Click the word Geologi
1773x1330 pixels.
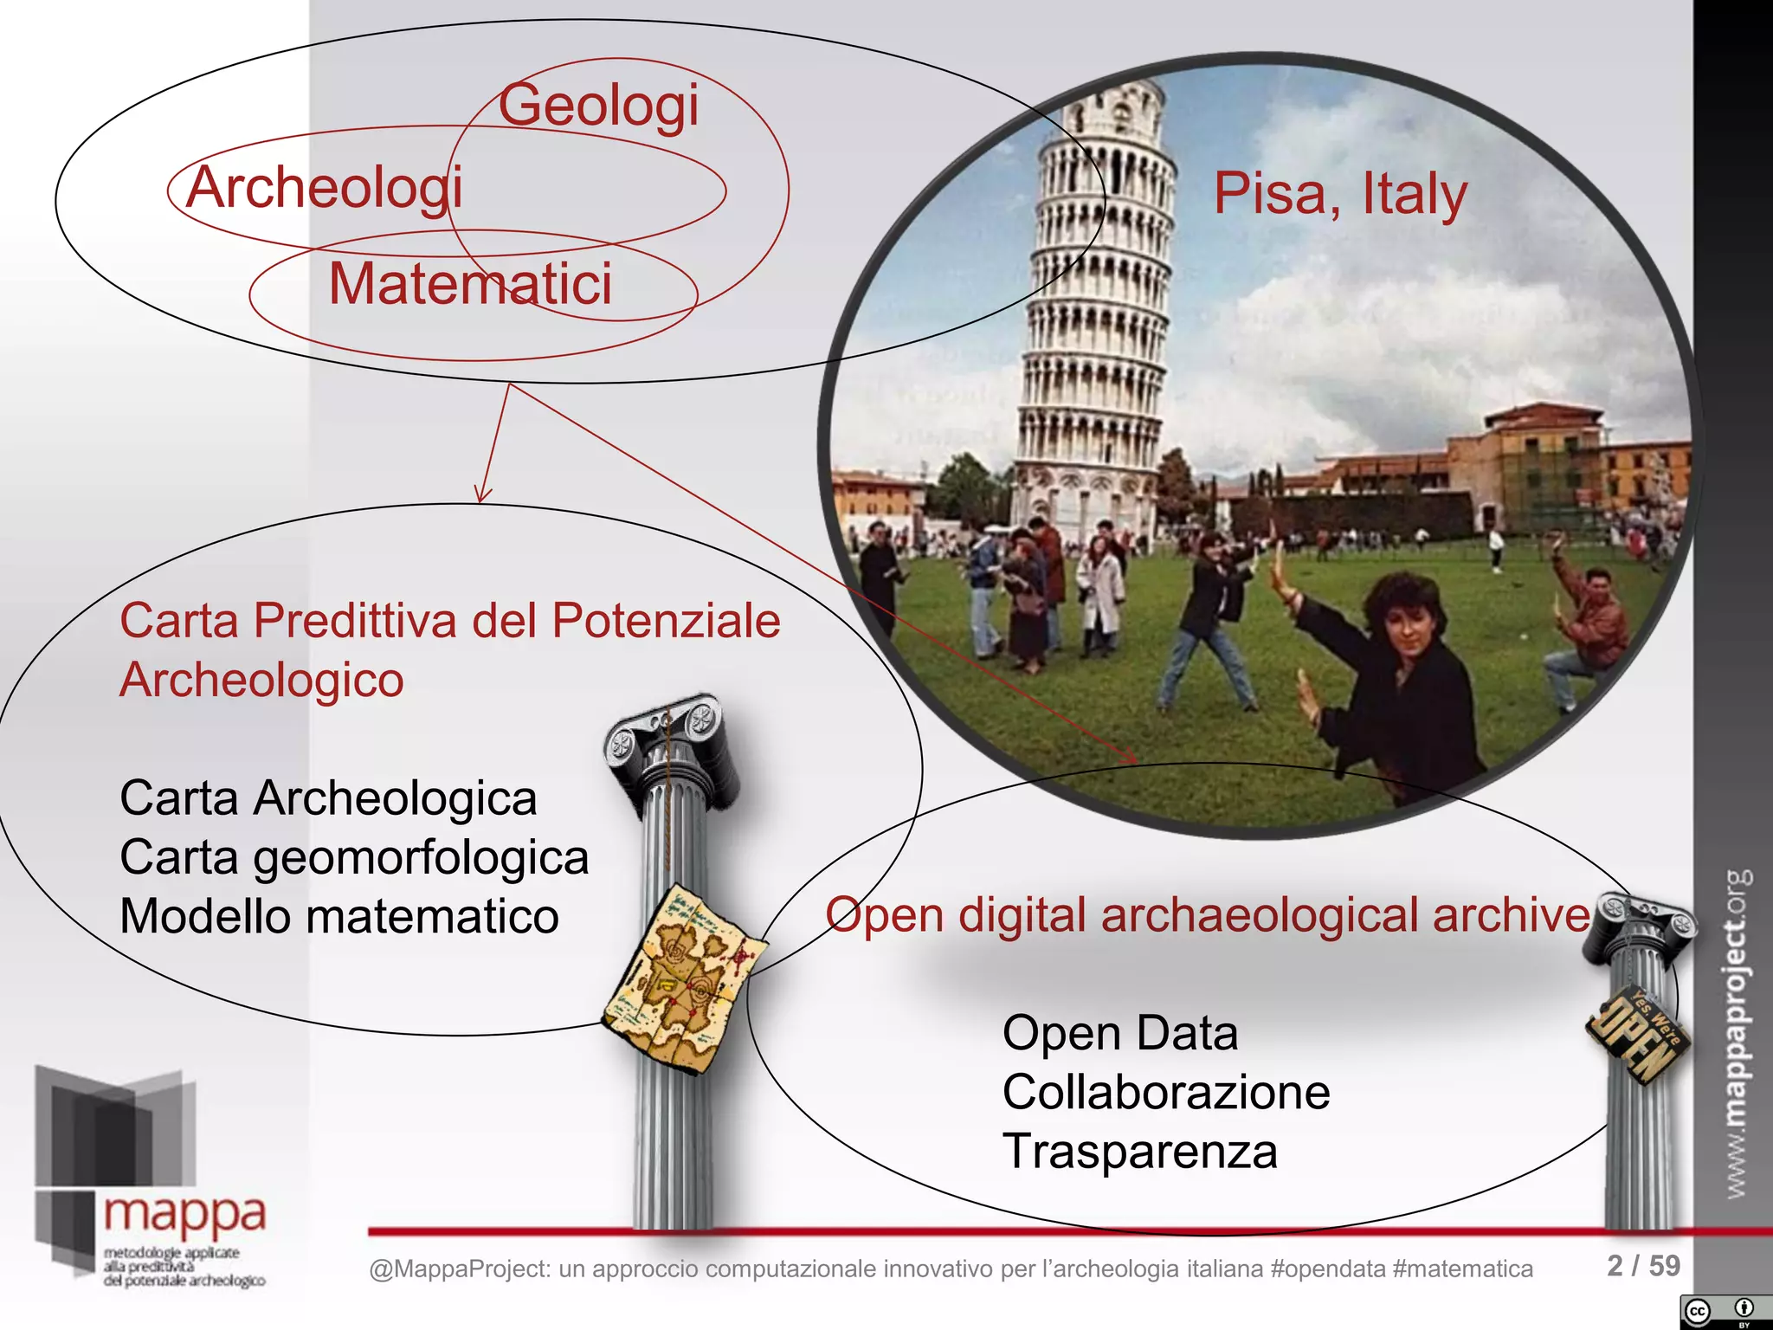click(598, 106)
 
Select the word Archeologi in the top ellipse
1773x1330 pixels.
click(324, 188)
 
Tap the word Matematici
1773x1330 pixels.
click(470, 284)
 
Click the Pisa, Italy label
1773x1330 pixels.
click(1339, 194)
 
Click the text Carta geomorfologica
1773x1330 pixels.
click(354, 857)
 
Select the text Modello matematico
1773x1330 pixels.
click(339, 916)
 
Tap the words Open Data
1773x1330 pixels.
click(1120, 1033)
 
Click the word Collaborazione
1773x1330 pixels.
click(1166, 1092)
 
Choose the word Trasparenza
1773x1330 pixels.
click(1139, 1152)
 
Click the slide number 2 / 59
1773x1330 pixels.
click(1643, 1266)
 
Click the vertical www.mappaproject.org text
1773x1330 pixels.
click(1737, 1035)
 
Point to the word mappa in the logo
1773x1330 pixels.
click(184, 1215)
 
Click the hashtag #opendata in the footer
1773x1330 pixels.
click(1328, 1269)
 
